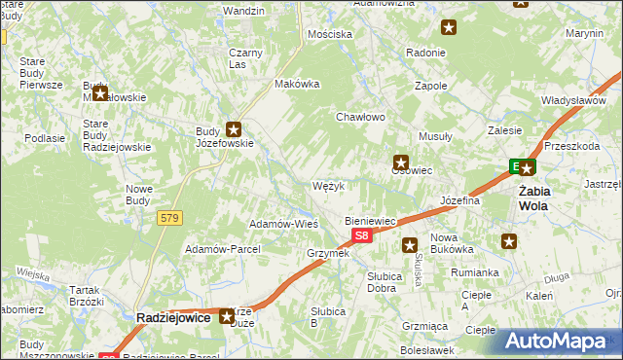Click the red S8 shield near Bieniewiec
coord(362,236)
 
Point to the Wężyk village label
coord(328,185)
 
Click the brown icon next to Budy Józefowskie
coord(234,127)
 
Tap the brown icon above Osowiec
coord(400,162)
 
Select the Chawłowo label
coord(361,117)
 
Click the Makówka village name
coord(298,84)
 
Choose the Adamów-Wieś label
coord(284,223)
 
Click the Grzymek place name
coord(327,253)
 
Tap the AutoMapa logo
coord(563,341)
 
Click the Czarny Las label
coord(244,57)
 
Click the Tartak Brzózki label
coord(87,296)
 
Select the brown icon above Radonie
coord(449,28)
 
